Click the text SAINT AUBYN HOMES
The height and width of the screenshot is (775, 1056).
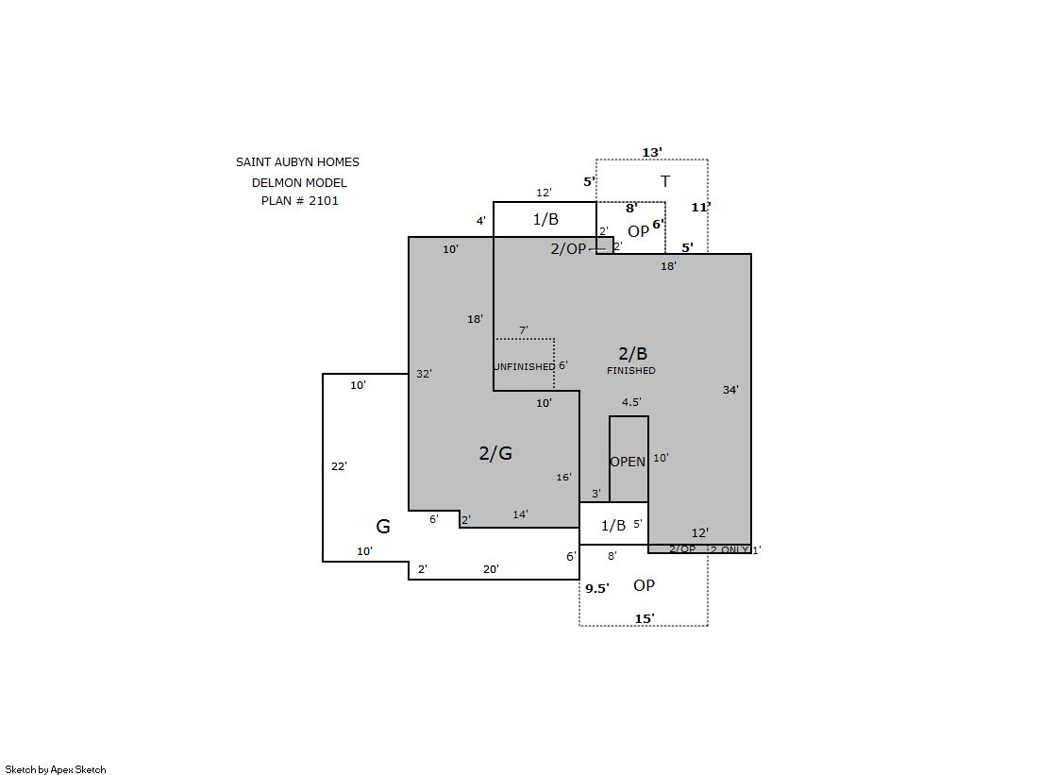tap(297, 162)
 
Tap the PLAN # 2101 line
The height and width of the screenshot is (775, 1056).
tap(300, 201)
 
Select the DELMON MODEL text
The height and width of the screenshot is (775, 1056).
tap(300, 182)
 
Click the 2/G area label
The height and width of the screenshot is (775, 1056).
tap(495, 453)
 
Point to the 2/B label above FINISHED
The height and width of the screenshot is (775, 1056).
tap(632, 353)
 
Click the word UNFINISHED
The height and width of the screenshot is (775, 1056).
tap(525, 366)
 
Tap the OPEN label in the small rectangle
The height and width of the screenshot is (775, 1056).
tap(628, 462)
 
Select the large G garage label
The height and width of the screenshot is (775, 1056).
tap(382, 527)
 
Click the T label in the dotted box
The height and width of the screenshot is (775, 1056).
tap(665, 181)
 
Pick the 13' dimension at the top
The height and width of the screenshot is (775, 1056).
tap(652, 152)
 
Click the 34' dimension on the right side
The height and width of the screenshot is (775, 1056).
tap(730, 390)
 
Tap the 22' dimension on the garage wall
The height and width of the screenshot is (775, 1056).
tap(339, 466)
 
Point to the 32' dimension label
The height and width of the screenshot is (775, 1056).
tap(424, 374)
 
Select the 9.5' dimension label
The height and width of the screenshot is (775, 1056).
tap(596, 588)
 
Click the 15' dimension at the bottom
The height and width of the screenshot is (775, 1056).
tap(645, 618)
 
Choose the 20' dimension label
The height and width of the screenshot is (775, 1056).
tap(491, 569)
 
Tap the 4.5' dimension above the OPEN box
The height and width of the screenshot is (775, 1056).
tap(631, 402)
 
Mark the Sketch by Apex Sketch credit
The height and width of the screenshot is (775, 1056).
tap(56, 769)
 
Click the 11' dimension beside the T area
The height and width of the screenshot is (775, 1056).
tap(700, 208)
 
